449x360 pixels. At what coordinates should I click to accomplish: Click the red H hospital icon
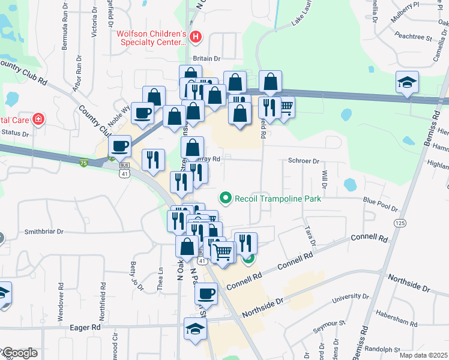click(195, 37)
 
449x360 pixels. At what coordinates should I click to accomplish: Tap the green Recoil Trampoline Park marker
click(226, 197)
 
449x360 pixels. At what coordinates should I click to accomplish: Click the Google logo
click(20, 353)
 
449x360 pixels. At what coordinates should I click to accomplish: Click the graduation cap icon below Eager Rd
click(195, 329)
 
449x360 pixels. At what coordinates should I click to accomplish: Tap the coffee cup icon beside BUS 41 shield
click(119, 146)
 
